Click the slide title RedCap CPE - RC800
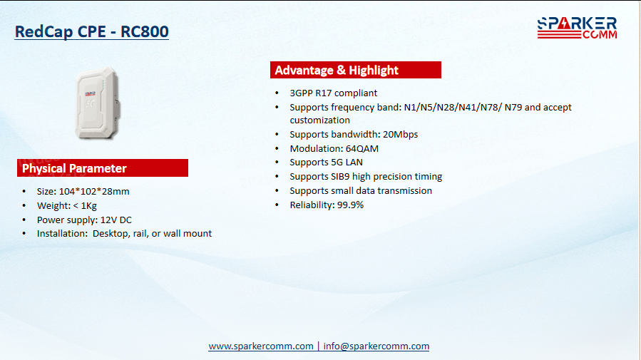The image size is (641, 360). pos(91,31)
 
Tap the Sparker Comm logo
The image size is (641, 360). pos(578,28)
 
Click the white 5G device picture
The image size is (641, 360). pos(97,103)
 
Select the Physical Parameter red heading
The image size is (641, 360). pos(103,168)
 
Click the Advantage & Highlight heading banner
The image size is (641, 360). pos(356,70)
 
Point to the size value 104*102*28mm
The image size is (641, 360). pos(94,191)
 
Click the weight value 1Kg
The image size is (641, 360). pos(88,205)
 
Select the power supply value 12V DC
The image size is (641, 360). pos(116,220)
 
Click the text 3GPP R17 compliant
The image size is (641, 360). pos(334,93)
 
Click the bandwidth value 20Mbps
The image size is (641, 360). pos(400,135)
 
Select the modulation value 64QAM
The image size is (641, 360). pos(362,149)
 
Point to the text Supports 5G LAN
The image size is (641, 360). pos(327,163)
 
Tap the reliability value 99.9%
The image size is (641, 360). pos(350,205)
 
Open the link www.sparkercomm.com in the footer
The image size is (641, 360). pos(261,346)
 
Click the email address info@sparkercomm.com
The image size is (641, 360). pos(376,346)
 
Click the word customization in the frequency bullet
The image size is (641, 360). pos(319,120)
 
